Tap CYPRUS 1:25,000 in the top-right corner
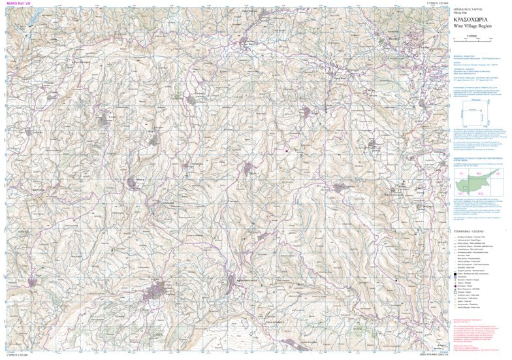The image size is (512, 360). pyautogui.click(x=493, y=3)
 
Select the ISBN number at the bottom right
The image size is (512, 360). pyautogui.click(x=483, y=357)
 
